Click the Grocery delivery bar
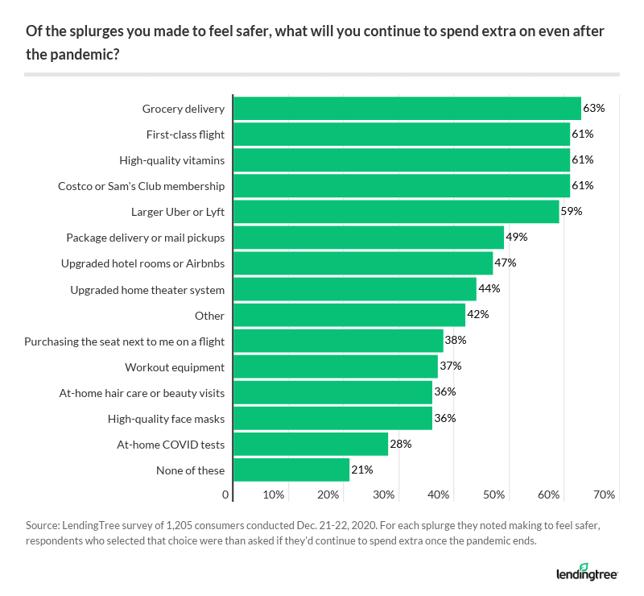click(407, 108)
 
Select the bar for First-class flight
click(402, 134)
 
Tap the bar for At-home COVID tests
click(311, 444)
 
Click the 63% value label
click(594, 108)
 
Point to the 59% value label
click(572, 212)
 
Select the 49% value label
click(516, 238)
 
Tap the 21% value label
click(361, 470)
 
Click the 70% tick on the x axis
click(605, 494)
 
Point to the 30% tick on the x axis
click(384, 494)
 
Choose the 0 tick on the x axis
click(226, 494)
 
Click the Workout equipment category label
click(175, 367)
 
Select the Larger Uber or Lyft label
click(178, 212)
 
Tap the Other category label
click(209, 316)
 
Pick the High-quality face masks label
click(166, 419)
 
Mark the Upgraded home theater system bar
click(355, 289)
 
